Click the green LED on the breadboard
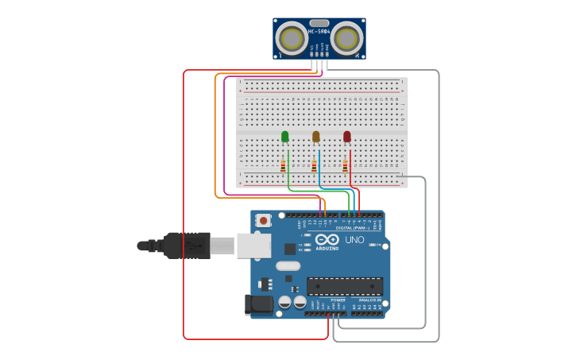coord(285,137)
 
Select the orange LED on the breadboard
coord(316,137)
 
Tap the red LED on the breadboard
coord(347,137)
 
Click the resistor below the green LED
coord(283,166)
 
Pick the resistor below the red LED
coord(345,166)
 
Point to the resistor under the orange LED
coord(314,166)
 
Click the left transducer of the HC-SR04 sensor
coord(292,38)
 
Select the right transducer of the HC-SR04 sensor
coord(346,38)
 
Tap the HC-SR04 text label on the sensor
coord(319,32)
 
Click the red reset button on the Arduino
coord(263,219)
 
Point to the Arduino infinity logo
coord(327,240)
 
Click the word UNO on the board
coord(354,240)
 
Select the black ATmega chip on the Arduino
coord(345,286)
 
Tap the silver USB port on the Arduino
coord(253,246)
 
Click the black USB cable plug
coord(187,246)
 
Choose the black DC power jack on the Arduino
coord(260,304)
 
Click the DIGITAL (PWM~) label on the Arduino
coord(350,228)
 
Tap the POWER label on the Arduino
coord(327,300)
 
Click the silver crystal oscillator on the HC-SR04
coord(319,23)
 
